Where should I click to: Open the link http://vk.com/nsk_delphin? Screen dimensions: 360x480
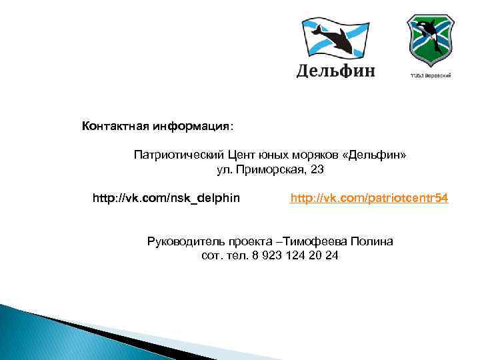167,198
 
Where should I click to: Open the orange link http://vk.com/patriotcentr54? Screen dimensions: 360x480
369,198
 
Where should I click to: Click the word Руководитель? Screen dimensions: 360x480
183,241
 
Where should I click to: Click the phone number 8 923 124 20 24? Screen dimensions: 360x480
295,255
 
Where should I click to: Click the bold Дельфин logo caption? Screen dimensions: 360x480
335,70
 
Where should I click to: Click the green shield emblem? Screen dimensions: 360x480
431,39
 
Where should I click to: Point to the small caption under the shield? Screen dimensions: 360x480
431,75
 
